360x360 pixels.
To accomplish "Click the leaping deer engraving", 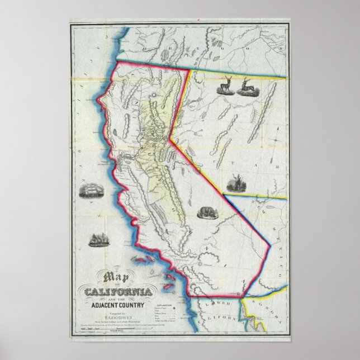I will coord(246,88).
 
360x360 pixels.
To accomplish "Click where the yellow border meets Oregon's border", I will coord(188,70).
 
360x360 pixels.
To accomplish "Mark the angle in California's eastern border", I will coord(169,137).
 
